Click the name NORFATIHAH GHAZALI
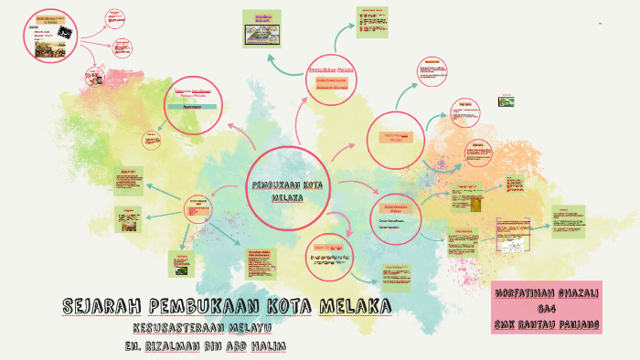tap(547, 294)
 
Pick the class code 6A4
tap(547, 309)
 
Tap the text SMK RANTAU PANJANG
tap(547, 323)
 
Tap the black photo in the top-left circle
tap(64, 31)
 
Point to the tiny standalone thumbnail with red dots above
tap(507, 101)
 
